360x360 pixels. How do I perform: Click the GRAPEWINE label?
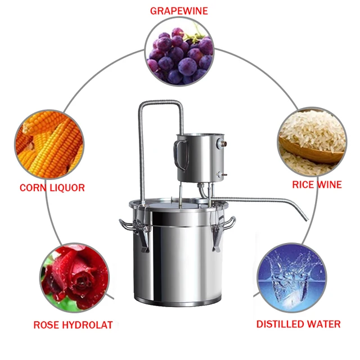(179, 11)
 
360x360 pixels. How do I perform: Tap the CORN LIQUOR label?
(52, 188)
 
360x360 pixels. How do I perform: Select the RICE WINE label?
(317, 184)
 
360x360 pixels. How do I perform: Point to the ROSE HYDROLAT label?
(73, 325)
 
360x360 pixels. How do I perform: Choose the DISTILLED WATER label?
(298, 324)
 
